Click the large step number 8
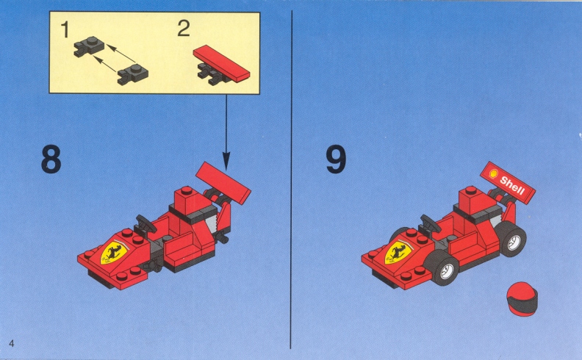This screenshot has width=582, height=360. coord(51,159)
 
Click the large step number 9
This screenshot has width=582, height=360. coord(336,159)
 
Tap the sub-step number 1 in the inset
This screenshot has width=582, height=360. coord(65,29)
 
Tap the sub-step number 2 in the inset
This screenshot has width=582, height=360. coord(184,28)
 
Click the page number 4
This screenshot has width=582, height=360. coord(12,343)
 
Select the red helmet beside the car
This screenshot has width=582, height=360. coord(522,299)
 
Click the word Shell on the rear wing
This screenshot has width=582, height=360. coord(512,185)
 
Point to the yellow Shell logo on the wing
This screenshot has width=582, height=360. coord(493,173)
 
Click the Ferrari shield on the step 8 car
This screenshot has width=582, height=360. coord(114,253)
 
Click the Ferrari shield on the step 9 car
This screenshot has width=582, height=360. coord(398,253)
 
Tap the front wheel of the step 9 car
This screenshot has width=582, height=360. coord(442,268)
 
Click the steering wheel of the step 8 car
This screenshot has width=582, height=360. coord(145,223)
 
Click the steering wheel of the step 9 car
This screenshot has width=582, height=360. coord(430,223)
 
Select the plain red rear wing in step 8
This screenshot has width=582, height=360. coord(223,183)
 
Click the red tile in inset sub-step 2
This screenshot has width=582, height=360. coord(222,62)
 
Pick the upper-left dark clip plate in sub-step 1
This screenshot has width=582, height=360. coord(89,46)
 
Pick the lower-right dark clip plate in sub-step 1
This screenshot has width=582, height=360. coord(132,74)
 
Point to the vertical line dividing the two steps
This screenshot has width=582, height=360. coord(292,179)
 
